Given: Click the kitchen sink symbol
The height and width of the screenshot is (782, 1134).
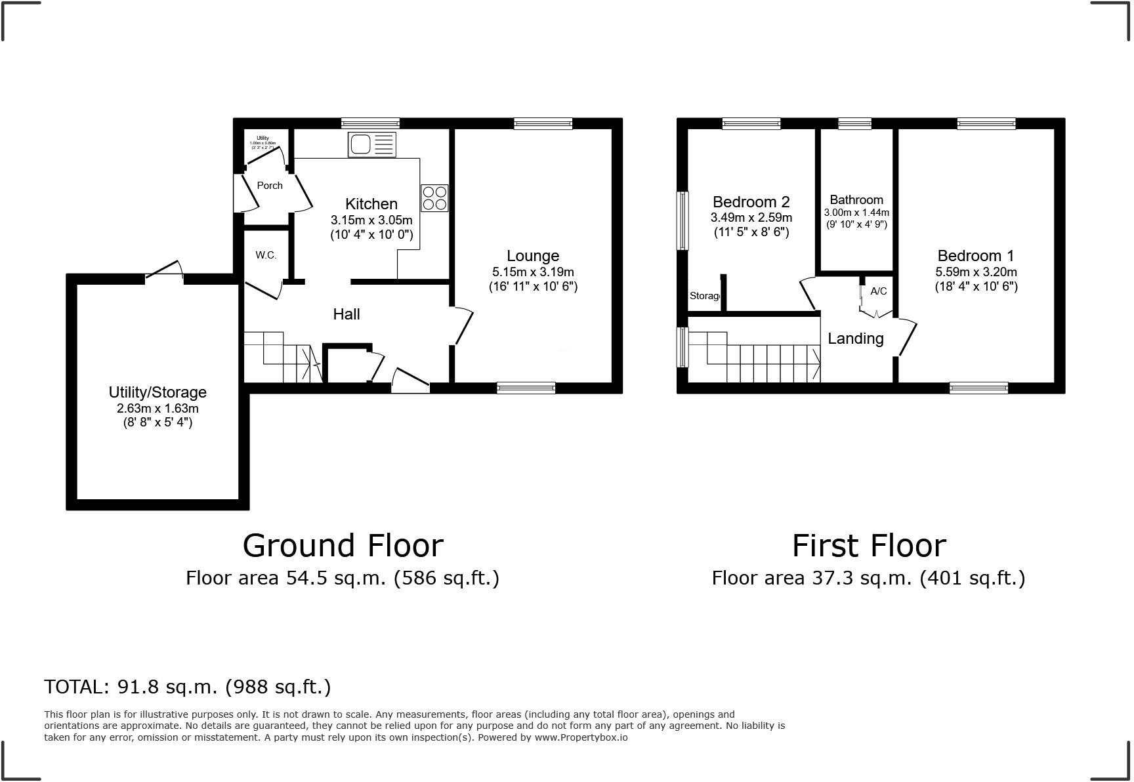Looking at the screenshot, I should point(373,144).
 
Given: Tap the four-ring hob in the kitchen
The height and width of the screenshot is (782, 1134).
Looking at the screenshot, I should point(434,198).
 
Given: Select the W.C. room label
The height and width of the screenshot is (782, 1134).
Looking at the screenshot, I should point(266,255).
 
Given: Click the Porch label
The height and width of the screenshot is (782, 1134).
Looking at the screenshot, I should point(270,186).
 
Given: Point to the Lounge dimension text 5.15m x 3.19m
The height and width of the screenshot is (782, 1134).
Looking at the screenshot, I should point(533,272).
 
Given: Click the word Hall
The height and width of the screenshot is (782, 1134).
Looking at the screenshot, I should point(346,314).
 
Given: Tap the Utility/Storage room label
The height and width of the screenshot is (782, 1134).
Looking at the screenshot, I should point(157,392).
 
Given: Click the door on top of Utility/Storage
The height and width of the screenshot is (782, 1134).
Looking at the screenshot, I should point(164,272).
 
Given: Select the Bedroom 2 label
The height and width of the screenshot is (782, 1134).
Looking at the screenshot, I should point(751,202).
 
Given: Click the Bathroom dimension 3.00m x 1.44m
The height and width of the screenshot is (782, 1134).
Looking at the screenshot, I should point(856,213).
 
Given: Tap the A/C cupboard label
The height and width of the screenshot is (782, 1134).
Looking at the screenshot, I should point(878,291).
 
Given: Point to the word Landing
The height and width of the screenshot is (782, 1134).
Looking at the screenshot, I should point(855,339).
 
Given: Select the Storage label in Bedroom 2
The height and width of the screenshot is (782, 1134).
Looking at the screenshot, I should point(704,296).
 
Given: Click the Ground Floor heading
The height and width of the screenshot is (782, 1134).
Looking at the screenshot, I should point(343,546).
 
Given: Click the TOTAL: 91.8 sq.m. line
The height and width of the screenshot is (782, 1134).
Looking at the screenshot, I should point(187,687).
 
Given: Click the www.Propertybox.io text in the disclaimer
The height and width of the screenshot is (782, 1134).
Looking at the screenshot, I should point(581,737).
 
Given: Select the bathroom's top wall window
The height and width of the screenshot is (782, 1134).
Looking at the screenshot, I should point(854,123).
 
